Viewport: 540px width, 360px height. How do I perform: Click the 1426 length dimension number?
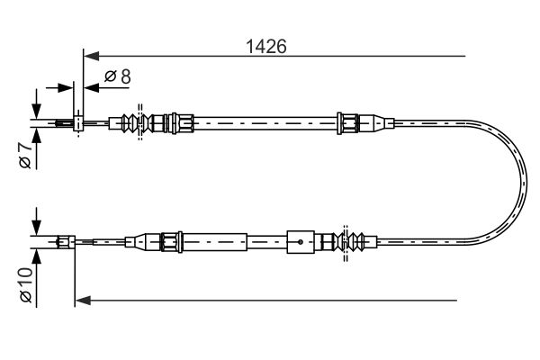tap(265, 47)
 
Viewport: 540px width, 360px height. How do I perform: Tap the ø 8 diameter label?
tap(117, 76)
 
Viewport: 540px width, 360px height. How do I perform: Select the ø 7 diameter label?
tap(25, 156)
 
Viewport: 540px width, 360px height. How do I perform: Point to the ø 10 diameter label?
tap(26, 285)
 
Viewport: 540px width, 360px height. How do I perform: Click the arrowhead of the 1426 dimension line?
tap(91, 56)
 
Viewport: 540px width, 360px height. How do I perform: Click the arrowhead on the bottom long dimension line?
tap(83, 301)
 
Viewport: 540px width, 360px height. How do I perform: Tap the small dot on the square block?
tap(301, 242)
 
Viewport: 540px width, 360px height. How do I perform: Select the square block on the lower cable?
tap(301, 242)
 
